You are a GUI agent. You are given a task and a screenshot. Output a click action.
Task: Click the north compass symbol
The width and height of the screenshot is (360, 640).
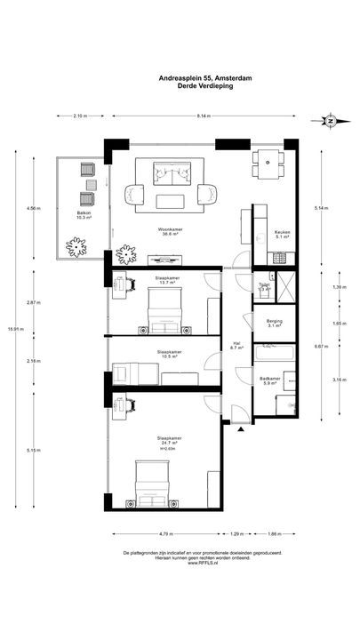330,120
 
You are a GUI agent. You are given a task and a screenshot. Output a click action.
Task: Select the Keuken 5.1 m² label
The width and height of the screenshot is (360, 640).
283,235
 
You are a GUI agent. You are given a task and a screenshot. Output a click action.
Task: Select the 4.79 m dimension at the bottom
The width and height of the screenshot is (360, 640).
164,534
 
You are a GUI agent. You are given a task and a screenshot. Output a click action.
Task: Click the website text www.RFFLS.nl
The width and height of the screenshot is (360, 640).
204,562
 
